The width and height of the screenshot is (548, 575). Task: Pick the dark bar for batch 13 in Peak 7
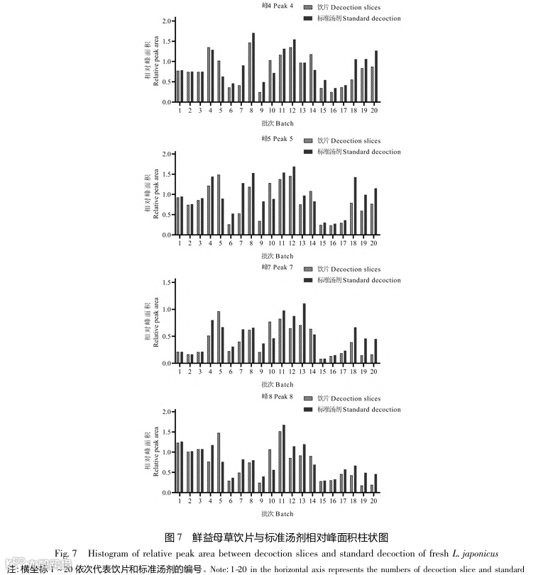pyautogui.click(x=305, y=333)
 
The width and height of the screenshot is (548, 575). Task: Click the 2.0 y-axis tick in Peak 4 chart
pyautogui.click(x=166, y=21)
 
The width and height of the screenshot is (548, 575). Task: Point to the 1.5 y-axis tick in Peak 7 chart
pyautogui.click(x=166, y=282)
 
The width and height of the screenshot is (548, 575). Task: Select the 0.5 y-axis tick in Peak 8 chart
pyautogui.click(x=166, y=472)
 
